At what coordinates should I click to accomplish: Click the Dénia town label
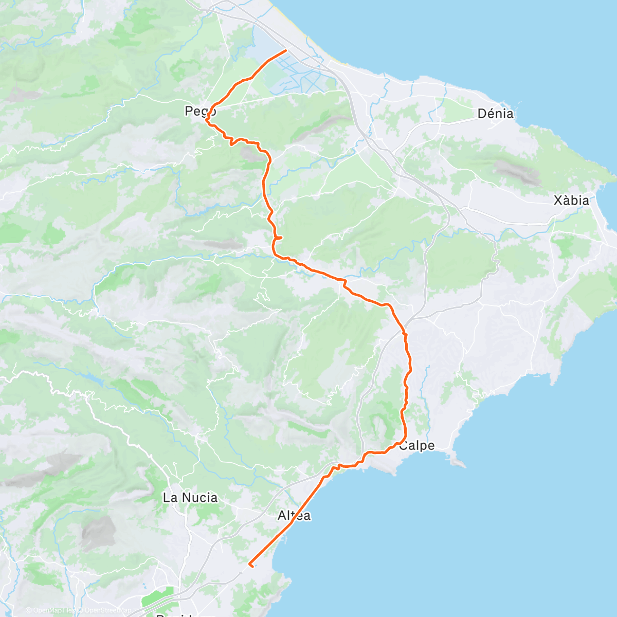pos(495,114)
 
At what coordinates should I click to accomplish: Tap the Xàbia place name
pos(571,200)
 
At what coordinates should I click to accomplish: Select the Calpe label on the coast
pos(417,446)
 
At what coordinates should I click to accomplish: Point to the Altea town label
pos(294,515)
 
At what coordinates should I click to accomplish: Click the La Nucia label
pos(190,497)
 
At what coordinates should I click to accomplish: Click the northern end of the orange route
pos(285,50)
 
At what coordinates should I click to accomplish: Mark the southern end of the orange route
pos(250,565)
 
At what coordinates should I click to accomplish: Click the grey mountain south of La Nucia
pos(98,532)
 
